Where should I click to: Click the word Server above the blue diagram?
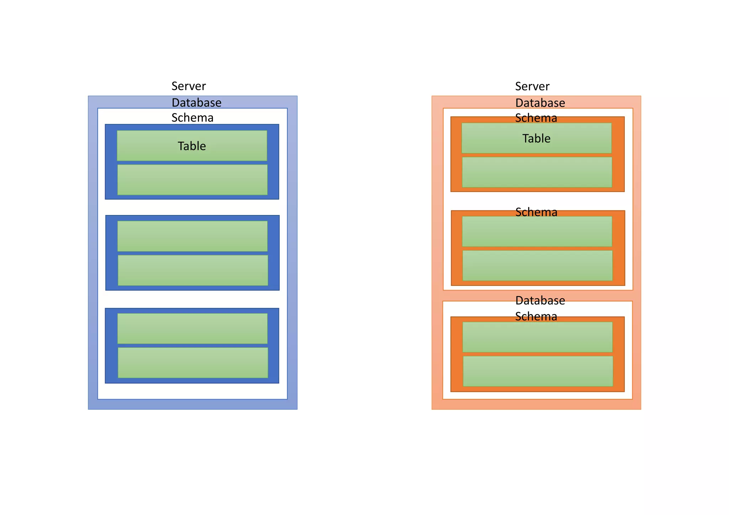point(188,86)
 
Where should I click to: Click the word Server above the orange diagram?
point(532,86)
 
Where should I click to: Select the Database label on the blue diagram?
point(196,103)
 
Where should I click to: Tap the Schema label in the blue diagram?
point(192,118)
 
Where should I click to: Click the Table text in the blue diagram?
point(192,146)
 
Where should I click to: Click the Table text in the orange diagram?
point(536,138)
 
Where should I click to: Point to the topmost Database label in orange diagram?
point(540,103)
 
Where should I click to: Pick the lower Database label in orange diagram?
point(540,301)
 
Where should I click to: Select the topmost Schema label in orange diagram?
point(536,118)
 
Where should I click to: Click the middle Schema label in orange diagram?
point(536,212)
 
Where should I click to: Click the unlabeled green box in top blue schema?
point(192,180)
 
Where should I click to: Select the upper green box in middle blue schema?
point(192,236)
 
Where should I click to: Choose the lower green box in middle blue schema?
point(193,270)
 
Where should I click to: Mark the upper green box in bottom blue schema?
point(192,328)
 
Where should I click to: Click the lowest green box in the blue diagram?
point(193,362)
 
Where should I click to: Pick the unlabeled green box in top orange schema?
point(537,172)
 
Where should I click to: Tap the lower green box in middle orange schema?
point(537,266)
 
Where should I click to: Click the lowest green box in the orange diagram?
point(537,371)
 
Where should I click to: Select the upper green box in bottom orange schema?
point(537,337)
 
